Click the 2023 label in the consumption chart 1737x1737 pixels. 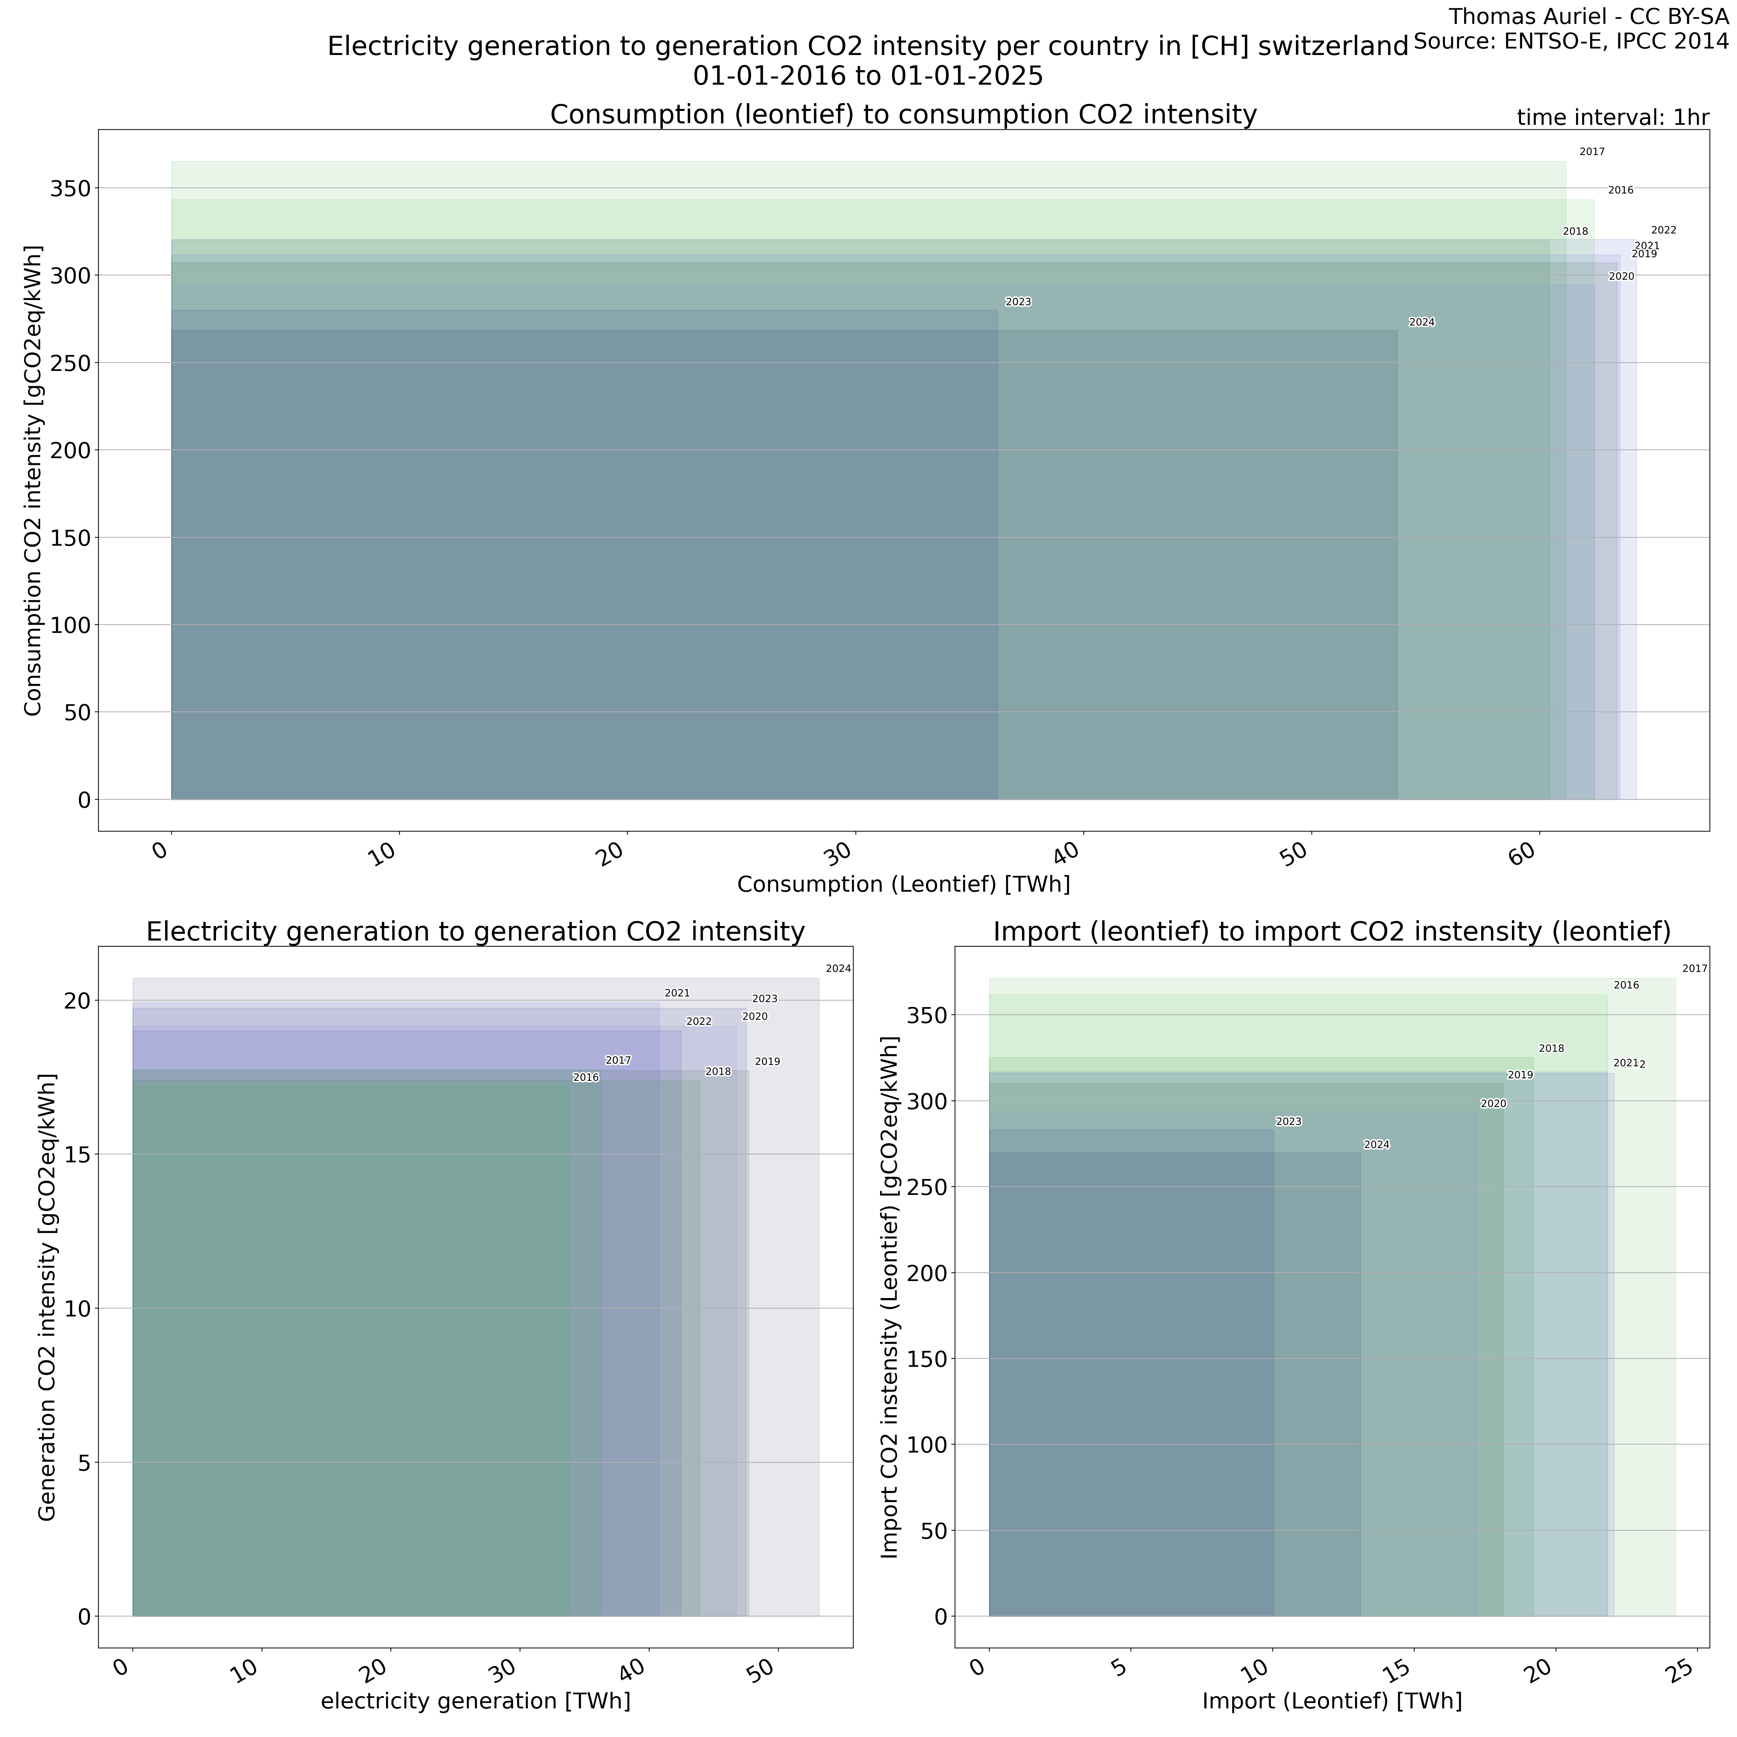(x=1018, y=302)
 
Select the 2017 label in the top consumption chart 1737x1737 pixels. (x=1592, y=152)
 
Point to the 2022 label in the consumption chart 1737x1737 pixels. (x=1663, y=230)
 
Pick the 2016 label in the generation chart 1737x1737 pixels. (x=585, y=1077)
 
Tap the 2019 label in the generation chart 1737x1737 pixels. (x=767, y=1062)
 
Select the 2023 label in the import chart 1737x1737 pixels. (x=1288, y=1122)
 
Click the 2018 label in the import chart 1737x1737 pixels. (x=1551, y=1048)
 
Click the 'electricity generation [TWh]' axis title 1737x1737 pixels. (x=476, y=1701)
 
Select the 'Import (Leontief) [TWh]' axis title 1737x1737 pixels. (x=1332, y=1701)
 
